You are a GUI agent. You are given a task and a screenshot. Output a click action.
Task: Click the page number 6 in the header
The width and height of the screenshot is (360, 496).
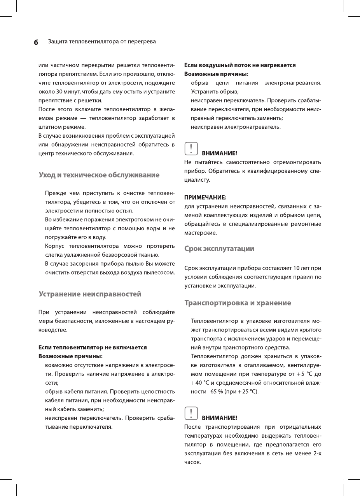point(36,42)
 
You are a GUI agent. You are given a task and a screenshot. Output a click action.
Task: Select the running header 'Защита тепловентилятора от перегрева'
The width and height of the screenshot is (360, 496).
point(102,41)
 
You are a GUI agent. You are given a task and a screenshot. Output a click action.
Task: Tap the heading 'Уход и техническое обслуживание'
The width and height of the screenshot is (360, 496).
point(99,175)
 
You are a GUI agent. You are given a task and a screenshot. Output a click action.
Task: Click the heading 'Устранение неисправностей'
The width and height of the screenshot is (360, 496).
point(90,294)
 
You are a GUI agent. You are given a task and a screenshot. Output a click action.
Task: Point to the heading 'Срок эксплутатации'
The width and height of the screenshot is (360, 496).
point(219,249)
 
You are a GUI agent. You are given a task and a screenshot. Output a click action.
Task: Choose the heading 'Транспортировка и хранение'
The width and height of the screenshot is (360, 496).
point(238,303)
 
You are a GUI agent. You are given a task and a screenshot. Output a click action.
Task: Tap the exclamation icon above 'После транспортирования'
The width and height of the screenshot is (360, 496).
point(190,413)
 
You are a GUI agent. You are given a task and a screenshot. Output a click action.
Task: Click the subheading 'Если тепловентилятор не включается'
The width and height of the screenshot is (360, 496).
point(92,347)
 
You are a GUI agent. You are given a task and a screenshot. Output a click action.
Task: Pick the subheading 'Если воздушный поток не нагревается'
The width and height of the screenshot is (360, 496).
point(240,65)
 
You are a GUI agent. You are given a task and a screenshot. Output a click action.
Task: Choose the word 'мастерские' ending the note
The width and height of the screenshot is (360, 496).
point(200,233)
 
